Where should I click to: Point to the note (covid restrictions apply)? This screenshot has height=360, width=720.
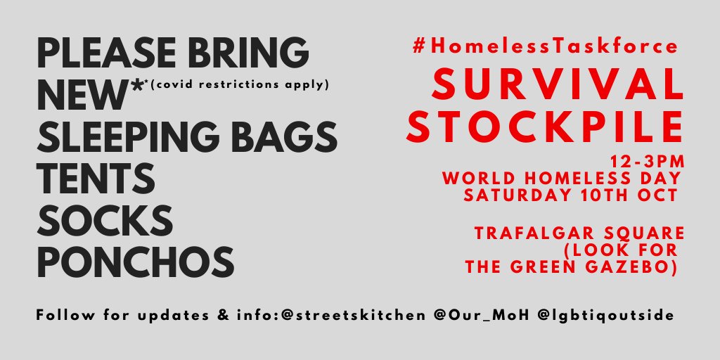click(240, 85)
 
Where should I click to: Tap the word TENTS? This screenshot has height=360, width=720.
click(96, 179)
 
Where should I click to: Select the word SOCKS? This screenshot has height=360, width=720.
click(105, 220)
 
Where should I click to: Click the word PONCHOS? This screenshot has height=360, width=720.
click(136, 262)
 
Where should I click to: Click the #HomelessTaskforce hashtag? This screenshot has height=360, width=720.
click(545, 46)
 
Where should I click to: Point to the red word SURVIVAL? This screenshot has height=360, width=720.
click(558, 84)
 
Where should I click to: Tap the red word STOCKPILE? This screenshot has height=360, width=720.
click(545, 127)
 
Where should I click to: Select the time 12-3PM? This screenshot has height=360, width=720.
click(648, 162)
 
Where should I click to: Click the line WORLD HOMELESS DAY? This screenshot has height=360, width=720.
click(561, 178)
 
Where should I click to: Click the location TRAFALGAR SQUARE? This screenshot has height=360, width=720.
click(579, 233)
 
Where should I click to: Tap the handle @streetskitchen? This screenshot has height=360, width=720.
click(353, 316)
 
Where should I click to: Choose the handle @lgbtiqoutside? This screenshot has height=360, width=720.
click(605, 316)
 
